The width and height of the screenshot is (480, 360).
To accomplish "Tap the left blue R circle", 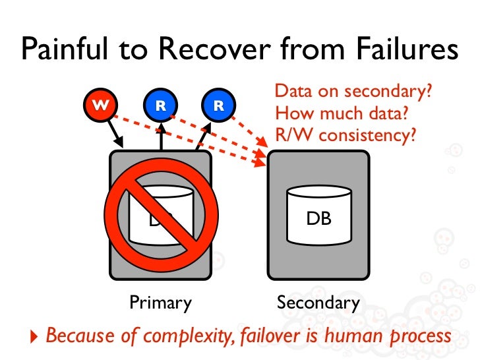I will pos(160,104).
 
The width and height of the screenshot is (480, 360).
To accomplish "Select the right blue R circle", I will pos(219,104).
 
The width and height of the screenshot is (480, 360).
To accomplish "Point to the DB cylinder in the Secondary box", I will pos(319,215).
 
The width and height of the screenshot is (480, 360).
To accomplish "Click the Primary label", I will pos(160,303).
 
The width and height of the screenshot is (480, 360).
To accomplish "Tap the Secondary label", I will pos(318,303).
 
